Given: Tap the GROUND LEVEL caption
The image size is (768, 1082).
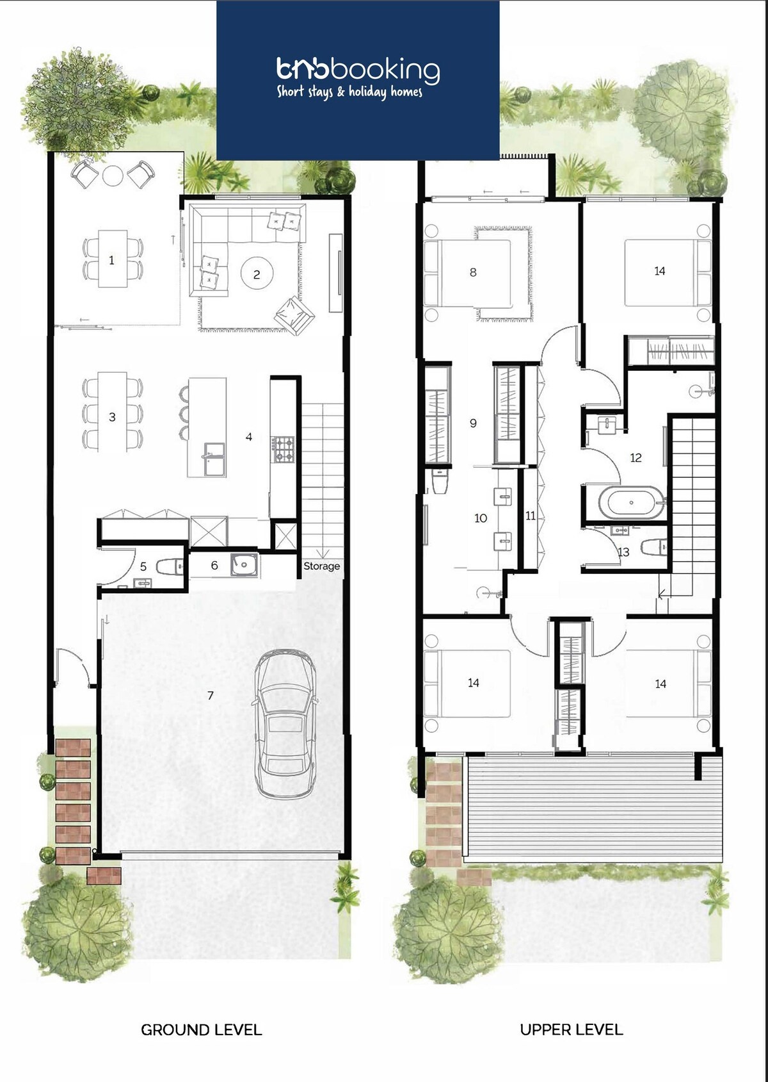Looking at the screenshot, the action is pos(202,1030).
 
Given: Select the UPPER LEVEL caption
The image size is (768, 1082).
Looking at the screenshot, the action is pos(571,1029).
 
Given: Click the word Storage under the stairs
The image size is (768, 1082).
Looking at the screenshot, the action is pos(321,566).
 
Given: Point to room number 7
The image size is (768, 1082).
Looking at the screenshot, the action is pos(210,695).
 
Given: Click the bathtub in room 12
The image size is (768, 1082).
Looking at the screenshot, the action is pos(632,503).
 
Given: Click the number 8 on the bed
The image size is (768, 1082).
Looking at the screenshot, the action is pos(473,272).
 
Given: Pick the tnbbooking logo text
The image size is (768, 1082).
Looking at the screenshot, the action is pos(358,70).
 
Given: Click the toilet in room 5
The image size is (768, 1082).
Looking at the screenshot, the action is pos(170,566).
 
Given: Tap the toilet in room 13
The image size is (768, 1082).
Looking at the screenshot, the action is pos(653,547).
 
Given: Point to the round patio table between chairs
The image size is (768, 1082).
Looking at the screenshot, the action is pos(113,176).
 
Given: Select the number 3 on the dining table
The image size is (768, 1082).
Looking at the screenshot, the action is pos(112,417).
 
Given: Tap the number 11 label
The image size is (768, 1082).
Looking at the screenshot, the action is pos(531,516).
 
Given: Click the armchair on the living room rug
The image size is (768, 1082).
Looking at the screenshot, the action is pos(294,315).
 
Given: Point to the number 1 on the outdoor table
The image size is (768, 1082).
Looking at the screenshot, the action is pos(111,260).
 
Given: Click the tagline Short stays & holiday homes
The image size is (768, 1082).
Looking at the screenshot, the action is pos(349,92).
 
